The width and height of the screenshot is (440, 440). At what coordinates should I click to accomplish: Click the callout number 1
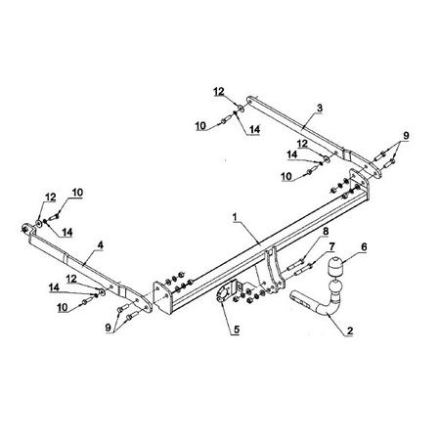235,217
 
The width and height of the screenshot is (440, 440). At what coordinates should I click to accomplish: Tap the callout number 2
350,330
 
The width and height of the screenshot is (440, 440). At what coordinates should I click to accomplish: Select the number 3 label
320,108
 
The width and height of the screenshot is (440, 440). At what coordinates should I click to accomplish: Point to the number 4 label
101,245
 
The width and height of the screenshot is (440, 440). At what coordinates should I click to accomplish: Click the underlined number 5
236,330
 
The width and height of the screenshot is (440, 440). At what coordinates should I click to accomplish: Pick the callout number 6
364,247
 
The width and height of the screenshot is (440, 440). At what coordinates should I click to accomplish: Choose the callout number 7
331,246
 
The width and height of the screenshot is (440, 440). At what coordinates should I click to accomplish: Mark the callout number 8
326,232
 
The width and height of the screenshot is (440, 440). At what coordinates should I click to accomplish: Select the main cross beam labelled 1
261,247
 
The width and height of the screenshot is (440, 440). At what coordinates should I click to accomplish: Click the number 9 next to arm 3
406,135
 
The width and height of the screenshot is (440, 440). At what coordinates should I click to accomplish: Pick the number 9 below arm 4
108,328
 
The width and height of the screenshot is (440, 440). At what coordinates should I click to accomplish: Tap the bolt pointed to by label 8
296,265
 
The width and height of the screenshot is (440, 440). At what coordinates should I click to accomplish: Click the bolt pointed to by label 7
304,270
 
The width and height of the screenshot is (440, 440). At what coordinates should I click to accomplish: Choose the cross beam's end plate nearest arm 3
360,184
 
